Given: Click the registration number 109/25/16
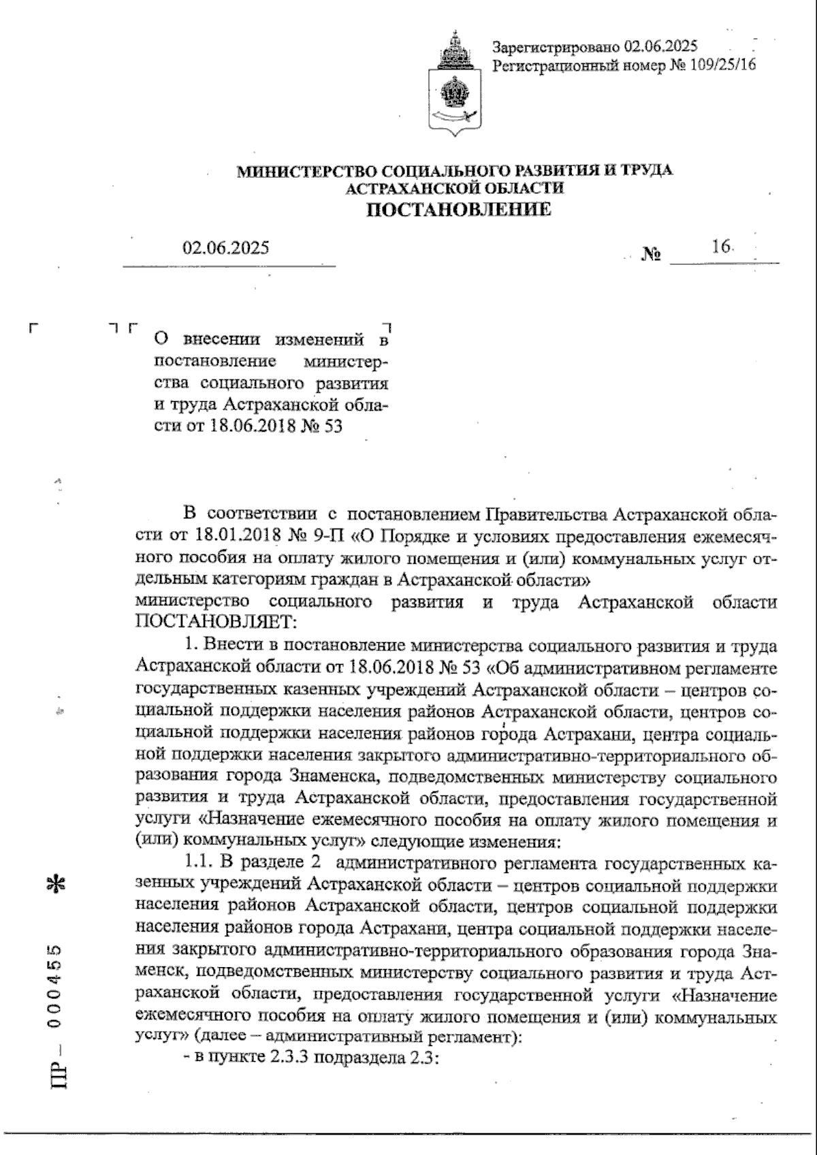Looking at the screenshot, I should (x=722, y=65).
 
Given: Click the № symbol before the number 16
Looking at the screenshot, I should (x=652, y=255).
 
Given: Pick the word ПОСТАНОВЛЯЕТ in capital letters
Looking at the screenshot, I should (x=215, y=620).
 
